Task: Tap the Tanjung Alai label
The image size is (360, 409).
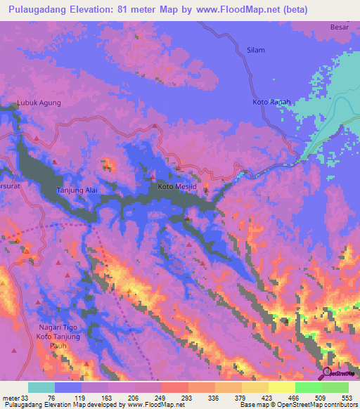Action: [x=76, y=190]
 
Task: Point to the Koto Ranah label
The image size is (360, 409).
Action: [x=271, y=103]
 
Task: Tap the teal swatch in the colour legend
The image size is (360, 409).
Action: [x=41, y=387]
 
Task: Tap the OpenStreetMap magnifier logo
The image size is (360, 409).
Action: [x=327, y=373]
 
